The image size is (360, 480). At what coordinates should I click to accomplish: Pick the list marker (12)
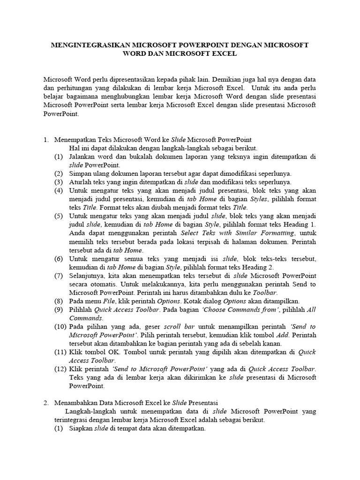click(x=60, y=368)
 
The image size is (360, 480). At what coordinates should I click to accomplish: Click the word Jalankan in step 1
click(x=82, y=157)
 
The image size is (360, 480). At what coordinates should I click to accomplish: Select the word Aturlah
click(x=80, y=182)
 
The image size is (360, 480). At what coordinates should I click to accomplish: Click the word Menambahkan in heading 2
click(x=78, y=403)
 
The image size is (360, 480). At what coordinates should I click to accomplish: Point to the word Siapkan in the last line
click(x=81, y=428)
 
